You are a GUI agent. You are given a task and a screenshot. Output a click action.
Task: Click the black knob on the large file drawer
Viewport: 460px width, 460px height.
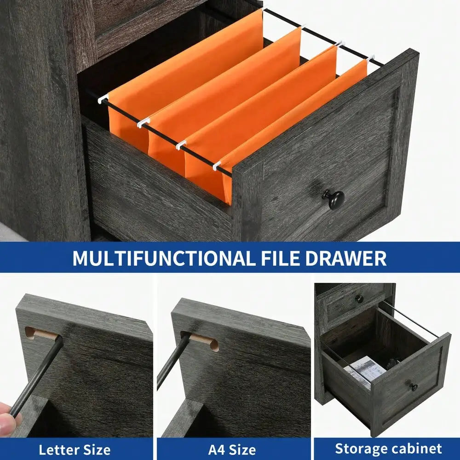[334, 199]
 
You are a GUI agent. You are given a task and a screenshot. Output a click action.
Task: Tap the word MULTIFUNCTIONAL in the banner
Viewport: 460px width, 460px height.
[163, 258]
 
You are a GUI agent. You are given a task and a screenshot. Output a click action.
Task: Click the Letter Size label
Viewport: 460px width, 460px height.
[75, 450]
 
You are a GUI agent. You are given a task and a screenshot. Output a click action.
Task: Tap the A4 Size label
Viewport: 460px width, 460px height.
[232, 450]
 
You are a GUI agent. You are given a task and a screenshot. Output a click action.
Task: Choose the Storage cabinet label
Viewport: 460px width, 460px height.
[388, 449]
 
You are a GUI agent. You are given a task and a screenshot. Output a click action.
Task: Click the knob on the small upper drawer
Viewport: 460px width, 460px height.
[359, 299]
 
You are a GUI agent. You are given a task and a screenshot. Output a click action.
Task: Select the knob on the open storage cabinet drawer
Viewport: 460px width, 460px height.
[414, 387]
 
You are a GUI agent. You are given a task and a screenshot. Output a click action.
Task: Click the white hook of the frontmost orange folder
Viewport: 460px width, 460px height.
[217, 166]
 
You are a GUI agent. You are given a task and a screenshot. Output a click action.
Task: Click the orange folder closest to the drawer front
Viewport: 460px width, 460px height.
[293, 129]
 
